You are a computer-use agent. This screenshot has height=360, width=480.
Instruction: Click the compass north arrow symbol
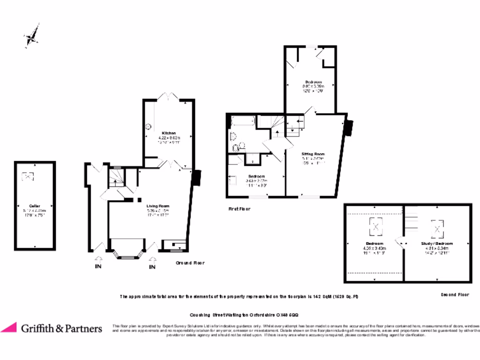pos(31,37)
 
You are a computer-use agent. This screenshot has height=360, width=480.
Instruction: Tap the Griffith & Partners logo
pos(52,328)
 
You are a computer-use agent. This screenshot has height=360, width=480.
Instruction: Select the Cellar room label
pos(34,206)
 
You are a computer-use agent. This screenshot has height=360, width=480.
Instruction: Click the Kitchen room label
pos(169,133)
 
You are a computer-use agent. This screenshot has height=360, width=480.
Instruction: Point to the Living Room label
pos(157,206)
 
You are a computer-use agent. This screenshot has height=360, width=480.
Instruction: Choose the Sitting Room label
pos(313,154)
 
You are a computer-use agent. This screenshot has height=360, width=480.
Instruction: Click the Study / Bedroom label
pos(437,244)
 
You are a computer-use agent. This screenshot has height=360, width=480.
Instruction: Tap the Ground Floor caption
pos(190,263)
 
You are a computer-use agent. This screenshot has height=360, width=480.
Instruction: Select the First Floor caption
pos(239,209)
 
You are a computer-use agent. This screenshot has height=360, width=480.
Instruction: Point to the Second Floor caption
pos(455,295)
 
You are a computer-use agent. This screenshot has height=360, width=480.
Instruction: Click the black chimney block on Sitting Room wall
pos(349,127)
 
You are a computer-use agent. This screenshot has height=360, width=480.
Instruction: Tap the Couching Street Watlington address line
pos(244,315)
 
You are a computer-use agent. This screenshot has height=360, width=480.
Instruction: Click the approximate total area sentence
pos(239,297)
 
